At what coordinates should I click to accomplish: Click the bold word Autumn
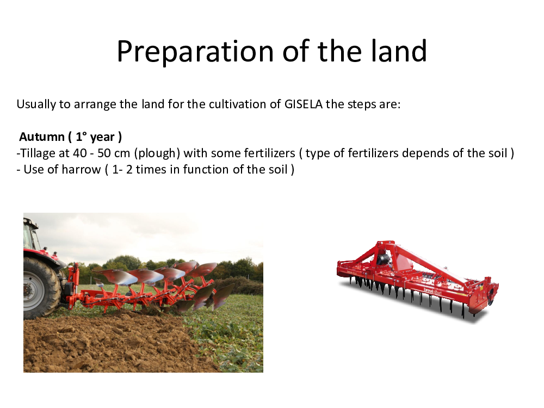pos(42,137)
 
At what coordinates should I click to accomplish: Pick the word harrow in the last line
pos(81,170)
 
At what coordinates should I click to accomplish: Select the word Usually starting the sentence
pos(36,104)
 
